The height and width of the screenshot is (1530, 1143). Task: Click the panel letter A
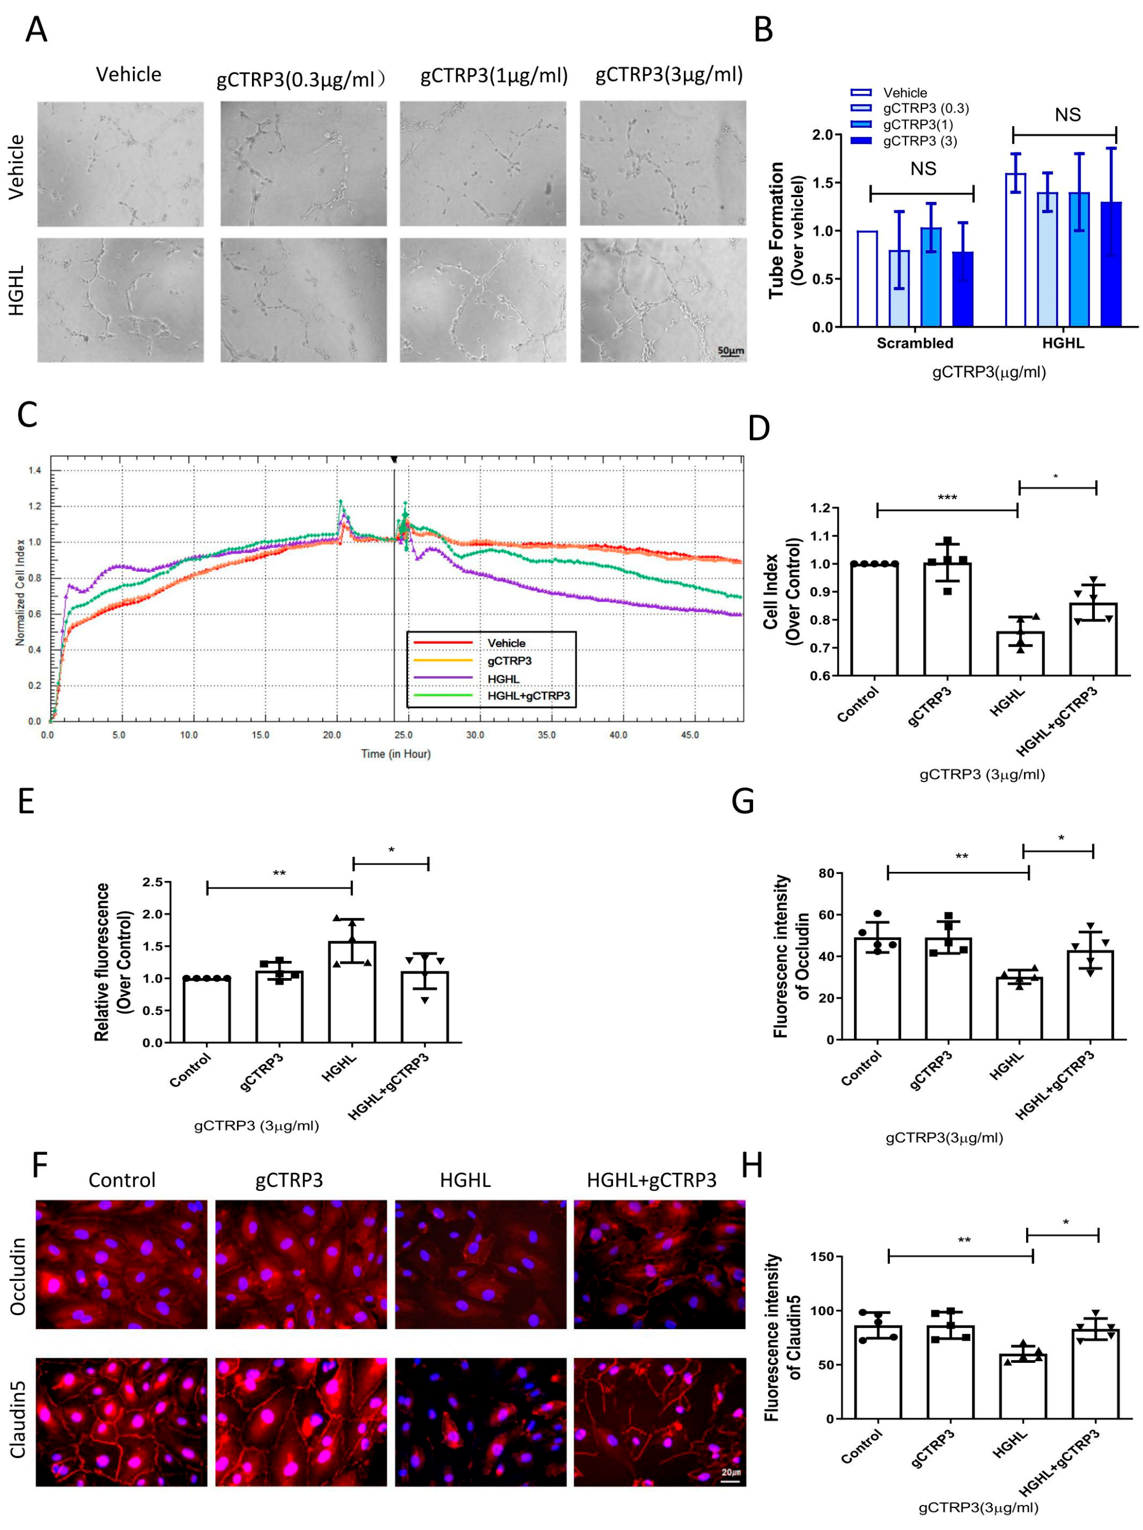36,30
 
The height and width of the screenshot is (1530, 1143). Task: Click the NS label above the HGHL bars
1067,115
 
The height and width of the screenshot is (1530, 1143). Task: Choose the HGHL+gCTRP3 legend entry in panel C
529,696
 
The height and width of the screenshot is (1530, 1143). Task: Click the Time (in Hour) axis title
396,753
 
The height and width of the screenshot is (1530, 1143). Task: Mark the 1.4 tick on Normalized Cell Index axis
34,471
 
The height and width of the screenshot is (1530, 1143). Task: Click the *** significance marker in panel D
946,498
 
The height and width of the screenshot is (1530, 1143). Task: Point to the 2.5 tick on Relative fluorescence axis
152,882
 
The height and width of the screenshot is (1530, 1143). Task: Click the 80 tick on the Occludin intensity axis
826,873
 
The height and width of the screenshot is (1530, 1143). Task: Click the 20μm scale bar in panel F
730,1480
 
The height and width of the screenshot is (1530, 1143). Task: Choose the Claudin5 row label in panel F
19,1419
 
